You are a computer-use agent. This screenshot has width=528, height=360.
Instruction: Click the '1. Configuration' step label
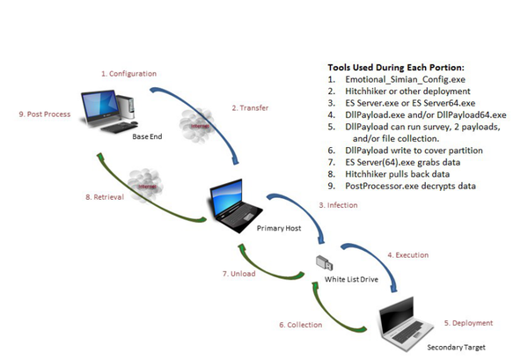click(x=128, y=74)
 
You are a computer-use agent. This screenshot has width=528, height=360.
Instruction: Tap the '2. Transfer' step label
click(x=250, y=108)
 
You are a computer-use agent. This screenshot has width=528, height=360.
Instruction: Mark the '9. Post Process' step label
click(x=47, y=114)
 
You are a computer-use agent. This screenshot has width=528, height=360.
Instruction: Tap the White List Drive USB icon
click(x=324, y=262)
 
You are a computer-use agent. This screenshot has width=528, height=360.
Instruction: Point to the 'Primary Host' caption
click(x=279, y=227)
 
